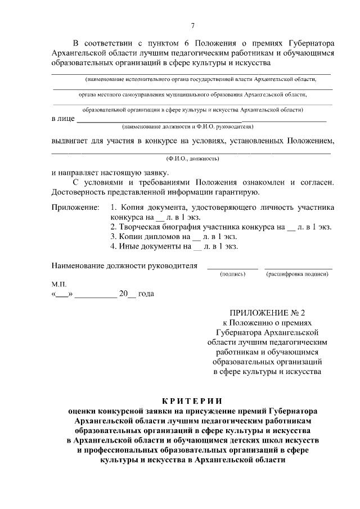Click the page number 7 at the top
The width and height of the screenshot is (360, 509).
[193, 25]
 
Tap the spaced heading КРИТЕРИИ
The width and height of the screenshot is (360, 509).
[192, 400]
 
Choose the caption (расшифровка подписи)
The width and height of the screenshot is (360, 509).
[298, 274]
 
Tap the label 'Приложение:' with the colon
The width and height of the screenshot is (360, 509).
[75, 208]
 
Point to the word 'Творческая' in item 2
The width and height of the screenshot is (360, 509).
[139, 227]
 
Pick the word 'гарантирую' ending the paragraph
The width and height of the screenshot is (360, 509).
[236, 193]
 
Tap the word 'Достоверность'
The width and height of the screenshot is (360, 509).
[79, 193]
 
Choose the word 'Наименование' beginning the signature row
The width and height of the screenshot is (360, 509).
[77, 265]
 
